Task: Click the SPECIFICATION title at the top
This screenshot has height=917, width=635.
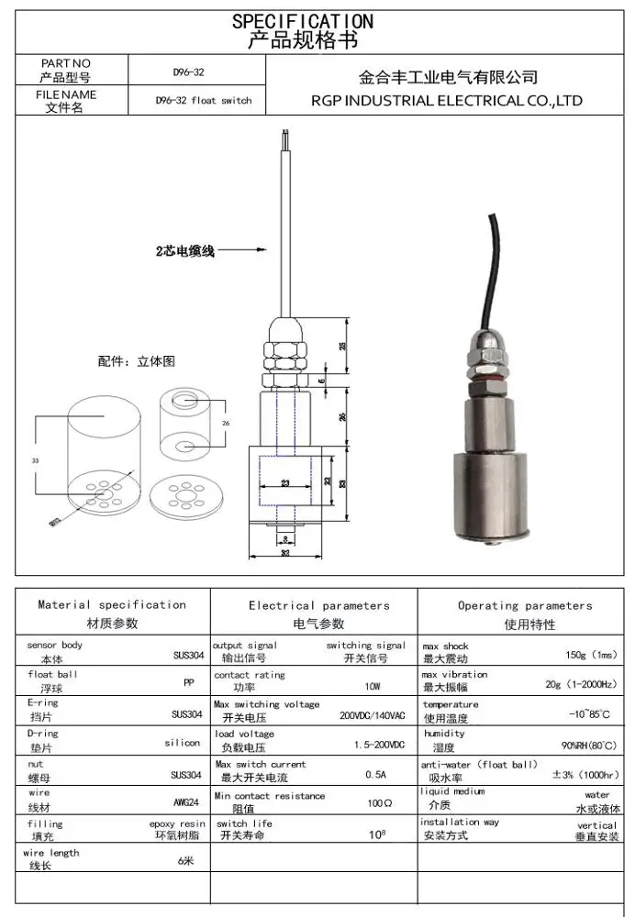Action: click(x=303, y=20)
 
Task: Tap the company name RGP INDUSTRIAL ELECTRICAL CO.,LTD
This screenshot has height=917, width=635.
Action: click(x=447, y=100)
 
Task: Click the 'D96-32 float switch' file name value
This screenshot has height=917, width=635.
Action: click(x=203, y=101)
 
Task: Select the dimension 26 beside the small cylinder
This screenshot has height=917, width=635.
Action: click(x=226, y=423)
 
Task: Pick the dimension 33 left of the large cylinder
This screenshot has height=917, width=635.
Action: click(x=36, y=459)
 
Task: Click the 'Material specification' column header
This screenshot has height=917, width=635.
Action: click(x=112, y=604)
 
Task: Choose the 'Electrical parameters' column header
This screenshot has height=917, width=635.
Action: click(x=318, y=605)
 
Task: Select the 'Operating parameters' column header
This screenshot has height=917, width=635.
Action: click(x=525, y=605)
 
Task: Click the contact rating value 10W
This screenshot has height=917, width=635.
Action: click(x=372, y=686)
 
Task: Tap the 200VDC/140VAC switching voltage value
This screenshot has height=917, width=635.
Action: click(x=372, y=716)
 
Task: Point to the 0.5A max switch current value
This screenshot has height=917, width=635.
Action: click(x=375, y=775)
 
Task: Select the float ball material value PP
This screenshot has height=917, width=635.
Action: click(x=189, y=682)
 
